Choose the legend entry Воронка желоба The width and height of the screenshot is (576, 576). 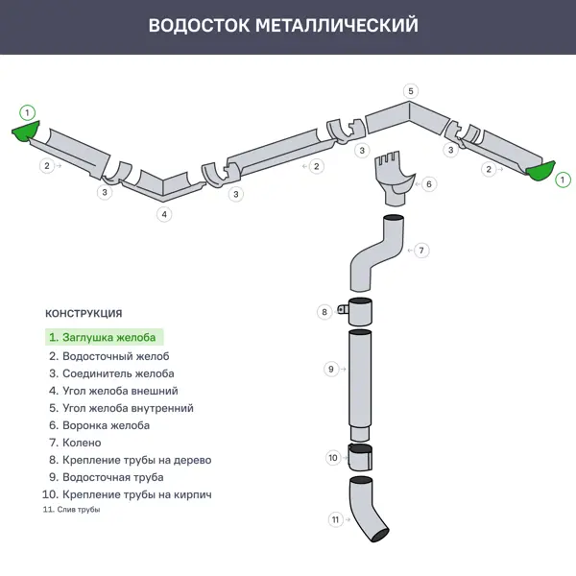100,425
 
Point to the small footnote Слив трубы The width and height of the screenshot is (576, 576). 72,510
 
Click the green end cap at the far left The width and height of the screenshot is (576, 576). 26,132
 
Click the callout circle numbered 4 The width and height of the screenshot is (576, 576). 165,214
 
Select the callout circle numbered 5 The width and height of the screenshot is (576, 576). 411,91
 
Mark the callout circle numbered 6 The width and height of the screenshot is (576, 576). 429,183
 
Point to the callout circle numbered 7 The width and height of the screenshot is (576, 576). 421,250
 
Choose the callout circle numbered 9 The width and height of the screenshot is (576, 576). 330,369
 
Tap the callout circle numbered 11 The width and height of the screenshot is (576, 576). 335,519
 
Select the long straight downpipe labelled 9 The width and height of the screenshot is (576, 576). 359,384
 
